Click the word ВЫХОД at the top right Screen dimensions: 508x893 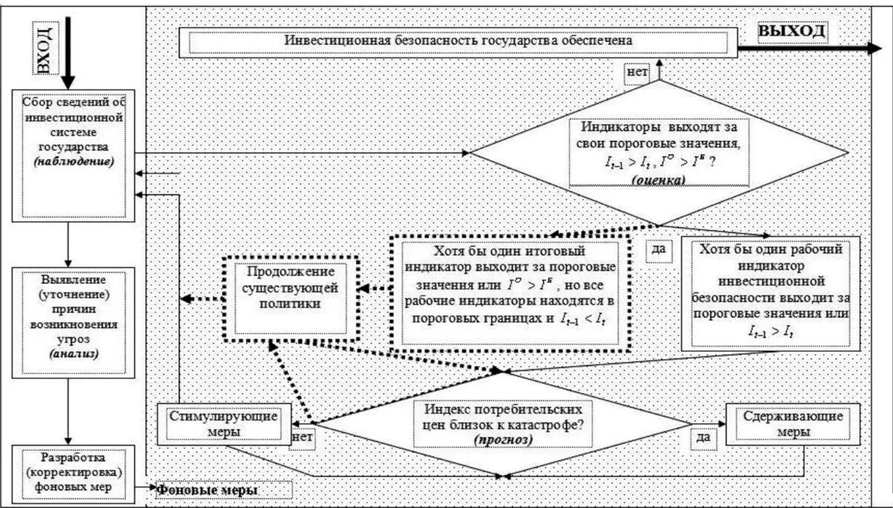(x=791, y=31)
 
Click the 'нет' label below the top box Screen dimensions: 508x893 (x=637, y=72)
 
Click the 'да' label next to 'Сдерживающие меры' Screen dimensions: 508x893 (x=704, y=437)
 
